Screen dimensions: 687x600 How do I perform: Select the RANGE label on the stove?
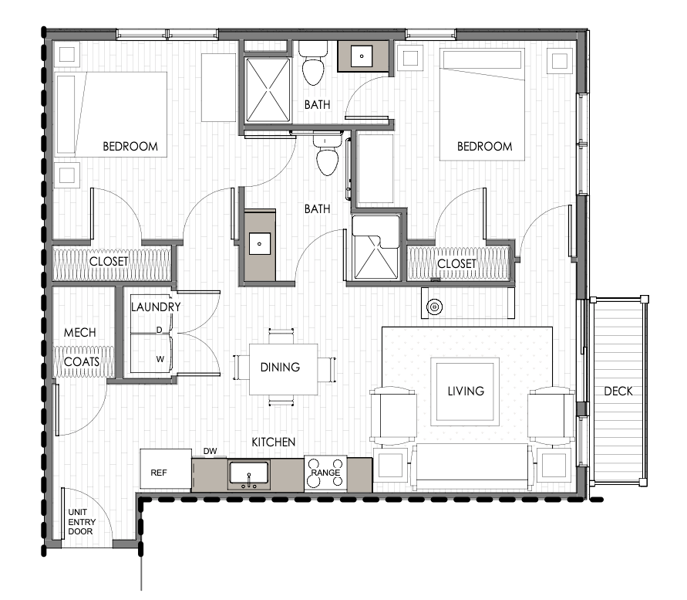click(325, 473)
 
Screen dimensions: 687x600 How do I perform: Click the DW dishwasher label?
click(210, 451)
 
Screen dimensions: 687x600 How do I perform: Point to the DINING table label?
click(280, 367)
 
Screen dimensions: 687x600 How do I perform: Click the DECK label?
click(618, 391)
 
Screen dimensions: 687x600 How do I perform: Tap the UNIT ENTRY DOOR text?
click(81, 521)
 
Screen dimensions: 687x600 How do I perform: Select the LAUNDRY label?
click(156, 307)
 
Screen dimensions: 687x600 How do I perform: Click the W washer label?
click(160, 359)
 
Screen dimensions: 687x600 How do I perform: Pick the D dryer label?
click(160, 330)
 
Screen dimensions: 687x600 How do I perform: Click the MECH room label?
click(79, 332)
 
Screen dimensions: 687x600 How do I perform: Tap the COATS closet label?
click(82, 361)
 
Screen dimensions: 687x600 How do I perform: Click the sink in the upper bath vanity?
click(362, 56)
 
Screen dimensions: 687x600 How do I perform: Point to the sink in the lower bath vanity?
click(260, 244)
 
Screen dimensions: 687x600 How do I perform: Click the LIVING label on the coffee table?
click(466, 391)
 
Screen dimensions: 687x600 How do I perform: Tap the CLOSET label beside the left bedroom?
click(109, 262)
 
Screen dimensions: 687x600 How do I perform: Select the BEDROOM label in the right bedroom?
click(484, 146)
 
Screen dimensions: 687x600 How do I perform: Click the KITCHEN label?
click(274, 442)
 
